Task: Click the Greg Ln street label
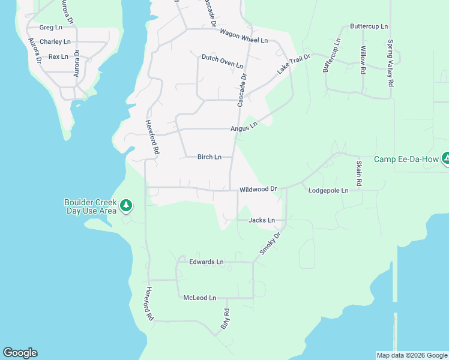point(50,28)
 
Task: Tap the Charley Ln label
point(55,42)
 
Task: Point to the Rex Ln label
point(58,56)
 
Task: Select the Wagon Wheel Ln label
point(243,36)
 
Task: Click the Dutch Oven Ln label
point(222,61)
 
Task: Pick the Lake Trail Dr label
point(293,64)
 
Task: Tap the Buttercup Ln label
point(369,27)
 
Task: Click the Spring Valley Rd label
point(390,64)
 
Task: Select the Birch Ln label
point(209,157)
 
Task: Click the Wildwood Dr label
point(258,190)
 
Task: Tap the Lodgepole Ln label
point(328,191)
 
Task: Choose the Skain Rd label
point(359,173)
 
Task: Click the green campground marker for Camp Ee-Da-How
point(446,159)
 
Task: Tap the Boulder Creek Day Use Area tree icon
point(126,206)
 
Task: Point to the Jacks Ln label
point(262,220)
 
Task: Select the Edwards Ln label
point(206,262)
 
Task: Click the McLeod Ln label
point(199,298)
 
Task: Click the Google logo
point(20,353)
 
